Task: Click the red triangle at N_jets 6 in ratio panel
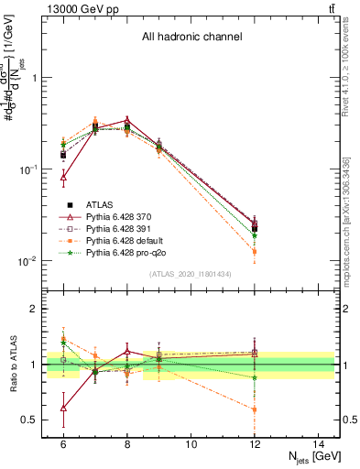pos(63,408)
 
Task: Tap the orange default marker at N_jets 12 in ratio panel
pos(255,409)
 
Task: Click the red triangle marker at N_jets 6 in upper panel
pos(63,178)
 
